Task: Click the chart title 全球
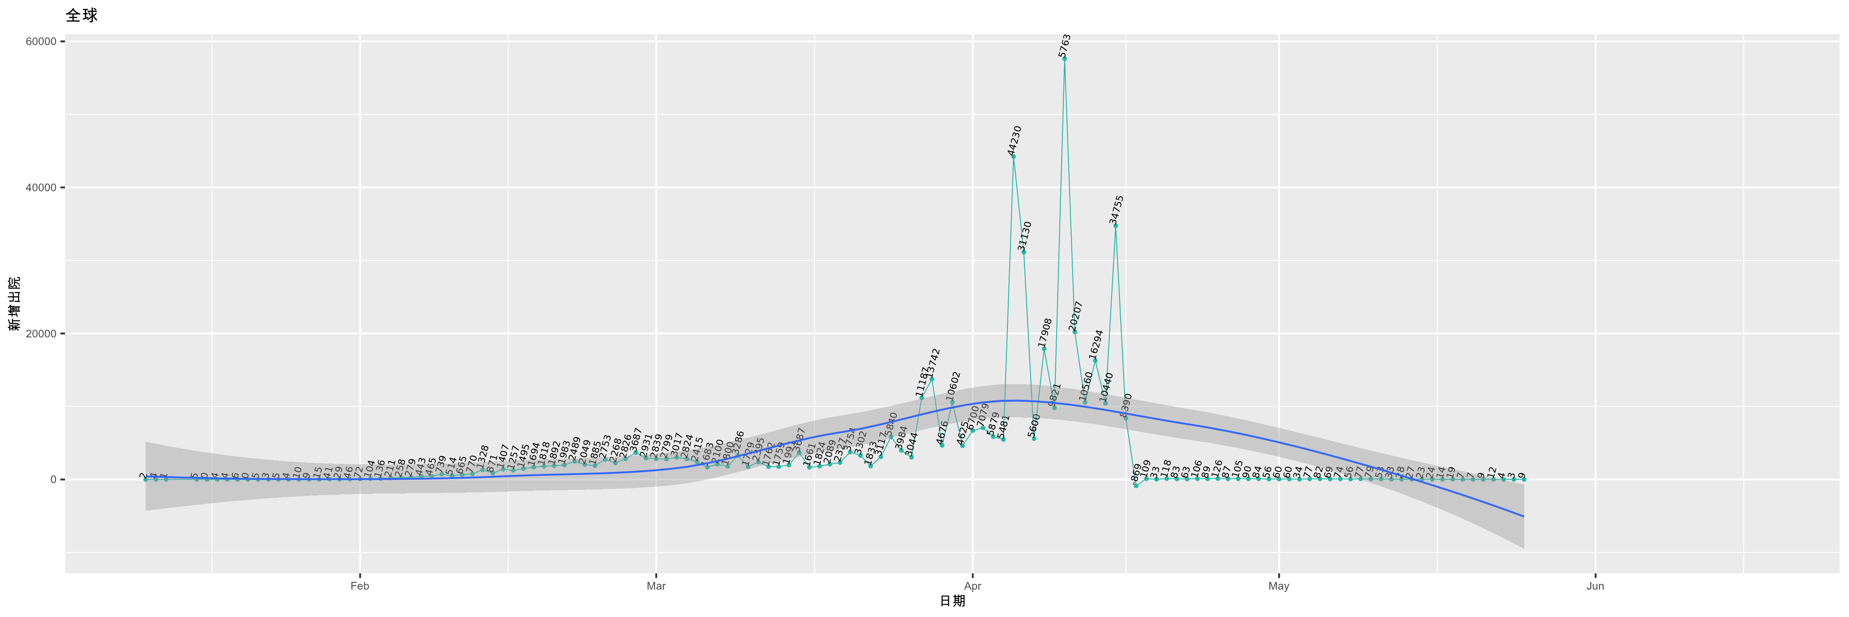coord(81,15)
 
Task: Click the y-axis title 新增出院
coord(14,304)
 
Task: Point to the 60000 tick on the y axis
coord(41,42)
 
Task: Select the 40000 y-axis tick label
coord(41,187)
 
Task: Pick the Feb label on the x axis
coord(360,586)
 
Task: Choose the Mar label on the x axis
coord(656,586)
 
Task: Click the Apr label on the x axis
coord(973,586)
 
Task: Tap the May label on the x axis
coord(1279,586)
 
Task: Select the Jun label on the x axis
coord(1595,586)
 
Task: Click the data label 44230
coord(1014,141)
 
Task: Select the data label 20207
coord(1075,317)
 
